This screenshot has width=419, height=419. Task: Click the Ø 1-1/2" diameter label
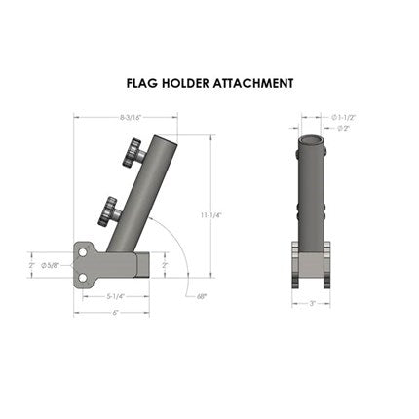[343, 117]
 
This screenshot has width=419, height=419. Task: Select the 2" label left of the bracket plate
[32, 264]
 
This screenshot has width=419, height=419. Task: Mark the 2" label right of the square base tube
[164, 264]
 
